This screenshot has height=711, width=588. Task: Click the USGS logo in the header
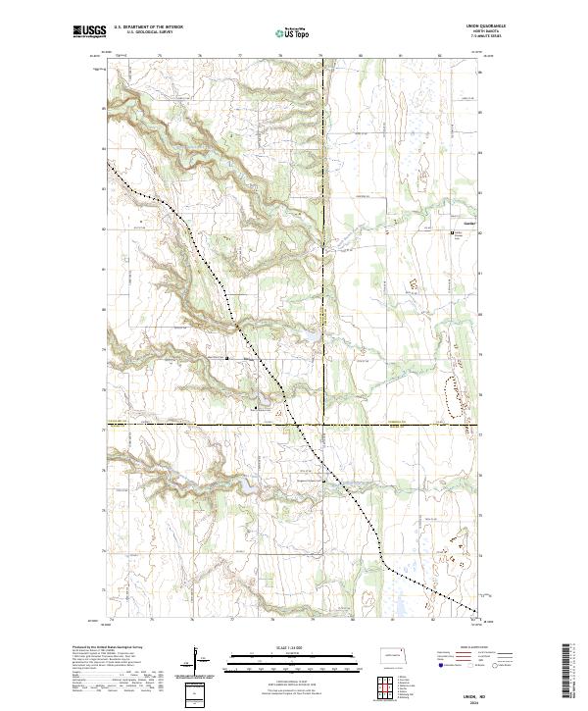[88, 32]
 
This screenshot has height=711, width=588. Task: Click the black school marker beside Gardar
[451, 232]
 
